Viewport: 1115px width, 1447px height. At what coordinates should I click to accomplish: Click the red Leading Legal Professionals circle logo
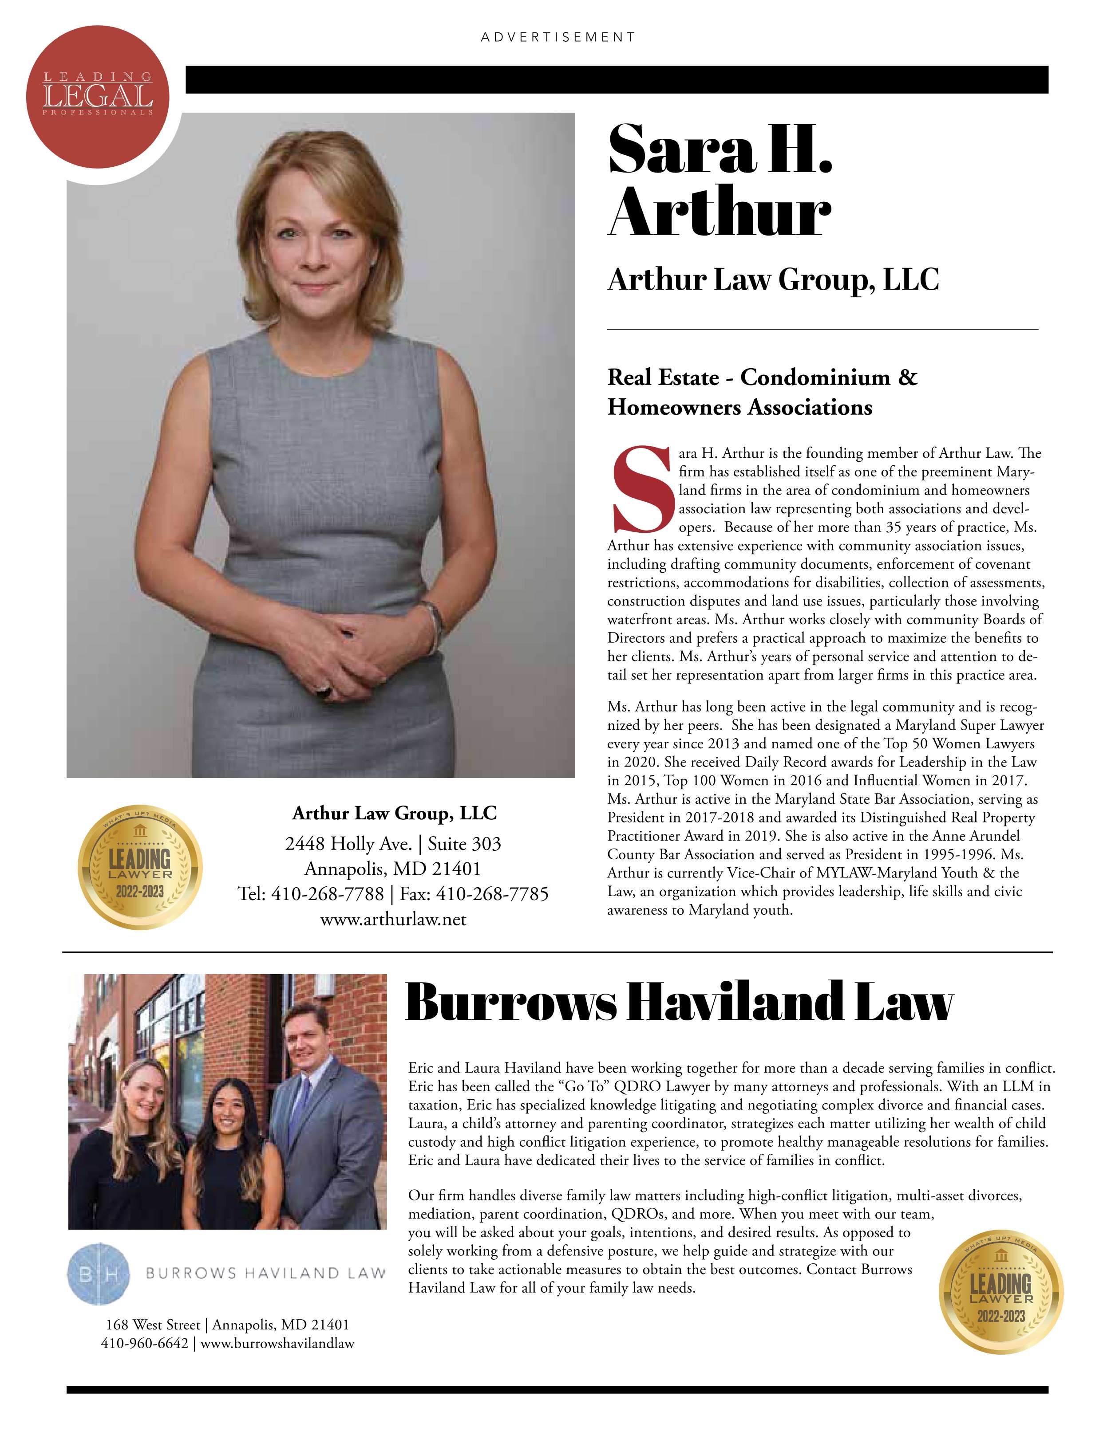pyautogui.click(x=98, y=97)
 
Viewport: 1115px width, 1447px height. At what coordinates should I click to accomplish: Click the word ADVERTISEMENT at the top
pyautogui.click(x=557, y=37)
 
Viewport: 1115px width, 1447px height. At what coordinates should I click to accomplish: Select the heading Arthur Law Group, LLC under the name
pyautogui.click(x=773, y=279)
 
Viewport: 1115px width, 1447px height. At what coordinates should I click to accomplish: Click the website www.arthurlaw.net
pyautogui.click(x=393, y=919)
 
